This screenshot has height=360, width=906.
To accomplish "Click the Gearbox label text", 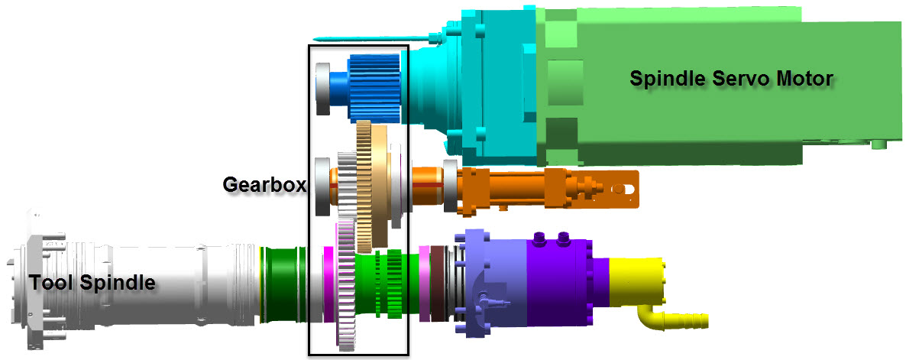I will tap(264, 184).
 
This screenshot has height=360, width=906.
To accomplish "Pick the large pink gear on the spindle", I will tap(345, 286).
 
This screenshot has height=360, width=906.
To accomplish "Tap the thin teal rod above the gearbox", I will tap(367, 38).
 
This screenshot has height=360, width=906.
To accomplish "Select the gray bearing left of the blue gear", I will tap(322, 89).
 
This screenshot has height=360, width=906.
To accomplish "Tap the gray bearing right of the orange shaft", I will tap(450, 187).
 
